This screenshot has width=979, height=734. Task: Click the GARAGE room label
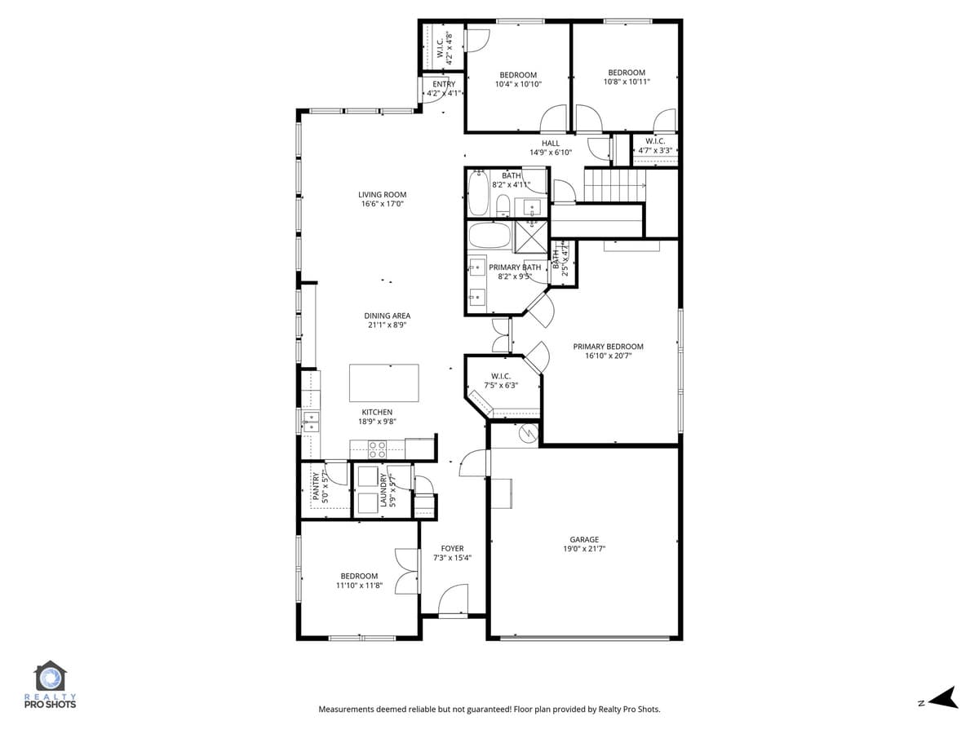tap(584, 539)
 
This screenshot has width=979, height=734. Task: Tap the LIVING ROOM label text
tap(382, 195)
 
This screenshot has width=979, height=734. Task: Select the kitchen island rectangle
tap(383, 382)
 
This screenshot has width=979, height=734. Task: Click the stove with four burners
tap(377, 449)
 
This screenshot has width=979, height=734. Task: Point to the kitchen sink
tap(311, 421)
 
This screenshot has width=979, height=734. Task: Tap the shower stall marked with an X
tap(532, 234)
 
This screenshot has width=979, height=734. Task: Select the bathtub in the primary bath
tap(489, 235)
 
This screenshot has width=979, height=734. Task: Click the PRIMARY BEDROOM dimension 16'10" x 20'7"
tap(608, 356)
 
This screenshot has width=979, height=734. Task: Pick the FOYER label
tap(452, 548)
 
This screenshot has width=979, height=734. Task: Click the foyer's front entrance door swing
tap(454, 601)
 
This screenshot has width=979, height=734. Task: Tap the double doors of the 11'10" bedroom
tap(405, 571)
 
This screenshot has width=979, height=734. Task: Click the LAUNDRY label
tap(383, 491)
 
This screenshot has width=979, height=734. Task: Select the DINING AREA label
tap(387, 316)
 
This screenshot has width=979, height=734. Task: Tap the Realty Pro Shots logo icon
tap(50, 678)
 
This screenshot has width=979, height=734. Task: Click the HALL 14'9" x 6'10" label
tap(551, 148)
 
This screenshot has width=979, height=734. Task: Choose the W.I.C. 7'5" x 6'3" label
tap(500, 381)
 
